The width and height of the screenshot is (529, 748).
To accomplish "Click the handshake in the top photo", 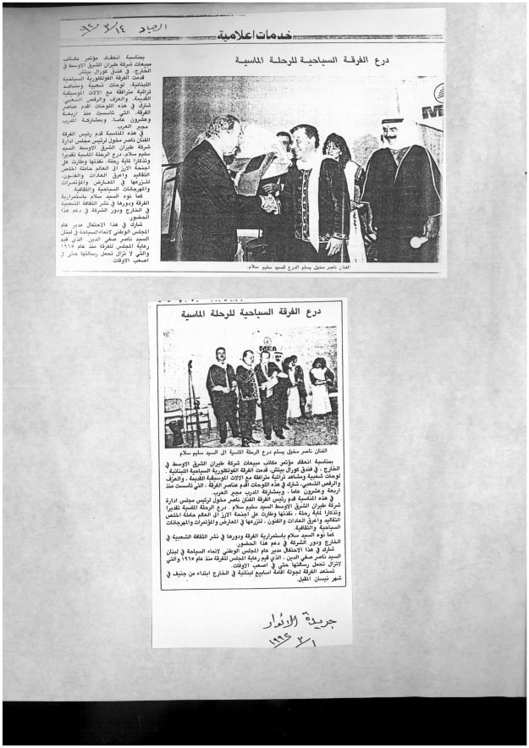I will pos(268,203).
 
